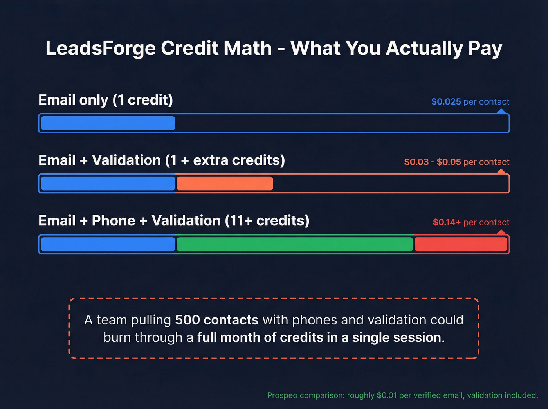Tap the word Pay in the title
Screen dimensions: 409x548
[485, 49]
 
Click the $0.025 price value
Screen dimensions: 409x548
[446, 102]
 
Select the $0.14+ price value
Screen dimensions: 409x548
[447, 222]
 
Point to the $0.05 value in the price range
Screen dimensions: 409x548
[449, 162]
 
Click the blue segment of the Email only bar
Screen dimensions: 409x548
[108, 123]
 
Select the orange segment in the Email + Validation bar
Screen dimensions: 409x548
[225, 184]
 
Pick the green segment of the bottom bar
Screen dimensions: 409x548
[295, 244]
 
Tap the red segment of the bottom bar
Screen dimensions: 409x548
[461, 244]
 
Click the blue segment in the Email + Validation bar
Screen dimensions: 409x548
[108, 184]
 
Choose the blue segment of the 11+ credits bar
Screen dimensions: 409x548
[108, 244]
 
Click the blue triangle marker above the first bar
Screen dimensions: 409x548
[501, 112]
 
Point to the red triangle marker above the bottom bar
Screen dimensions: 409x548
[501, 232]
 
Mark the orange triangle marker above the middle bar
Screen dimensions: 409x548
[501, 172]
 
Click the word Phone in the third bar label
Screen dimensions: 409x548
[114, 221]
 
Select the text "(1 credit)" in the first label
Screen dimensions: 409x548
[142, 100]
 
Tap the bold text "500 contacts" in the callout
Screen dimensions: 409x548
[216, 320]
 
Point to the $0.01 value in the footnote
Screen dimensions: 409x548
[387, 395]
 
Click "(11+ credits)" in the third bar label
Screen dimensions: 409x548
[267, 221]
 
